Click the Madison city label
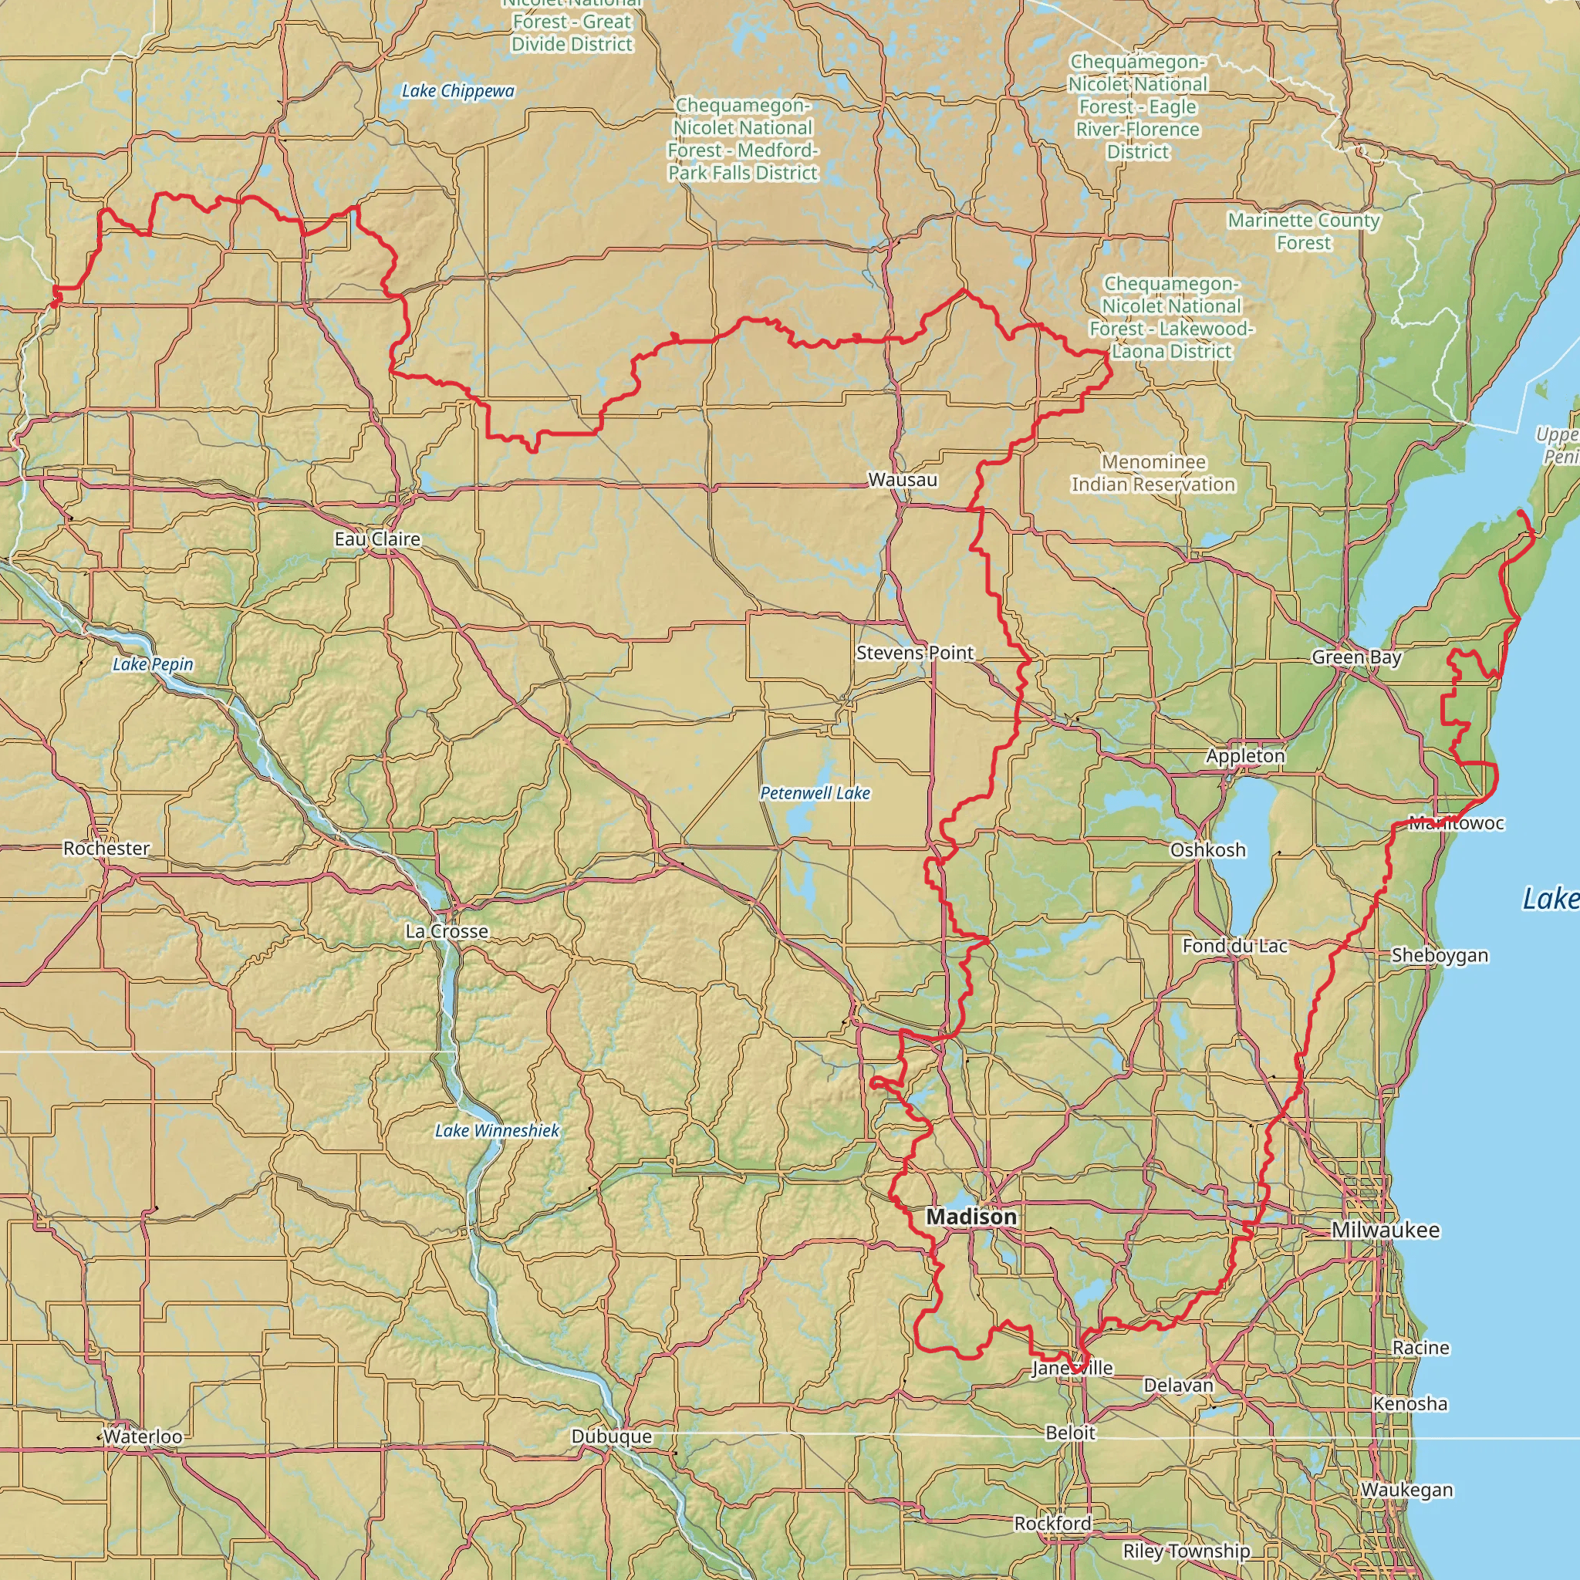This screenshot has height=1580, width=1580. [971, 1217]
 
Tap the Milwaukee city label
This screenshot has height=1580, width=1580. [1386, 1230]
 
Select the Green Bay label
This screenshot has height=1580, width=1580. [1357, 657]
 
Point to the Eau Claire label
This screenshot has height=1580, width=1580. [377, 539]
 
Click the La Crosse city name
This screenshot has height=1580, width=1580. [447, 931]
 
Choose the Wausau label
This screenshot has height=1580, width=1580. [903, 479]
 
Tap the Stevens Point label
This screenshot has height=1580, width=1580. [915, 653]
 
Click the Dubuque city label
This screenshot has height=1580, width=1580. [612, 1437]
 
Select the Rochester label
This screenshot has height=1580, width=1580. [106, 848]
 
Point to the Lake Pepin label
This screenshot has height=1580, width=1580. [153, 664]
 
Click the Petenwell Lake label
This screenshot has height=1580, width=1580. [815, 793]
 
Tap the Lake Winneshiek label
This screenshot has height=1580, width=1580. [498, 1131]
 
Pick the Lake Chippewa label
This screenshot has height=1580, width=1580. [458, 91]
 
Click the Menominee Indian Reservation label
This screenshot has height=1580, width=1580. [1153, 474]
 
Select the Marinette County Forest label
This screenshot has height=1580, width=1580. [1304, 231]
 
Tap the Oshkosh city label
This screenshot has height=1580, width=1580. [1208, 849]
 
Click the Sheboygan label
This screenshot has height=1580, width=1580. [1440, 955]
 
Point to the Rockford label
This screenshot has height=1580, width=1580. [1052, 1524]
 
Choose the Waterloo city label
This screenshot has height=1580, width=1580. [143, 1437]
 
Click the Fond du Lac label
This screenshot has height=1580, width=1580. [1235, 946]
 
